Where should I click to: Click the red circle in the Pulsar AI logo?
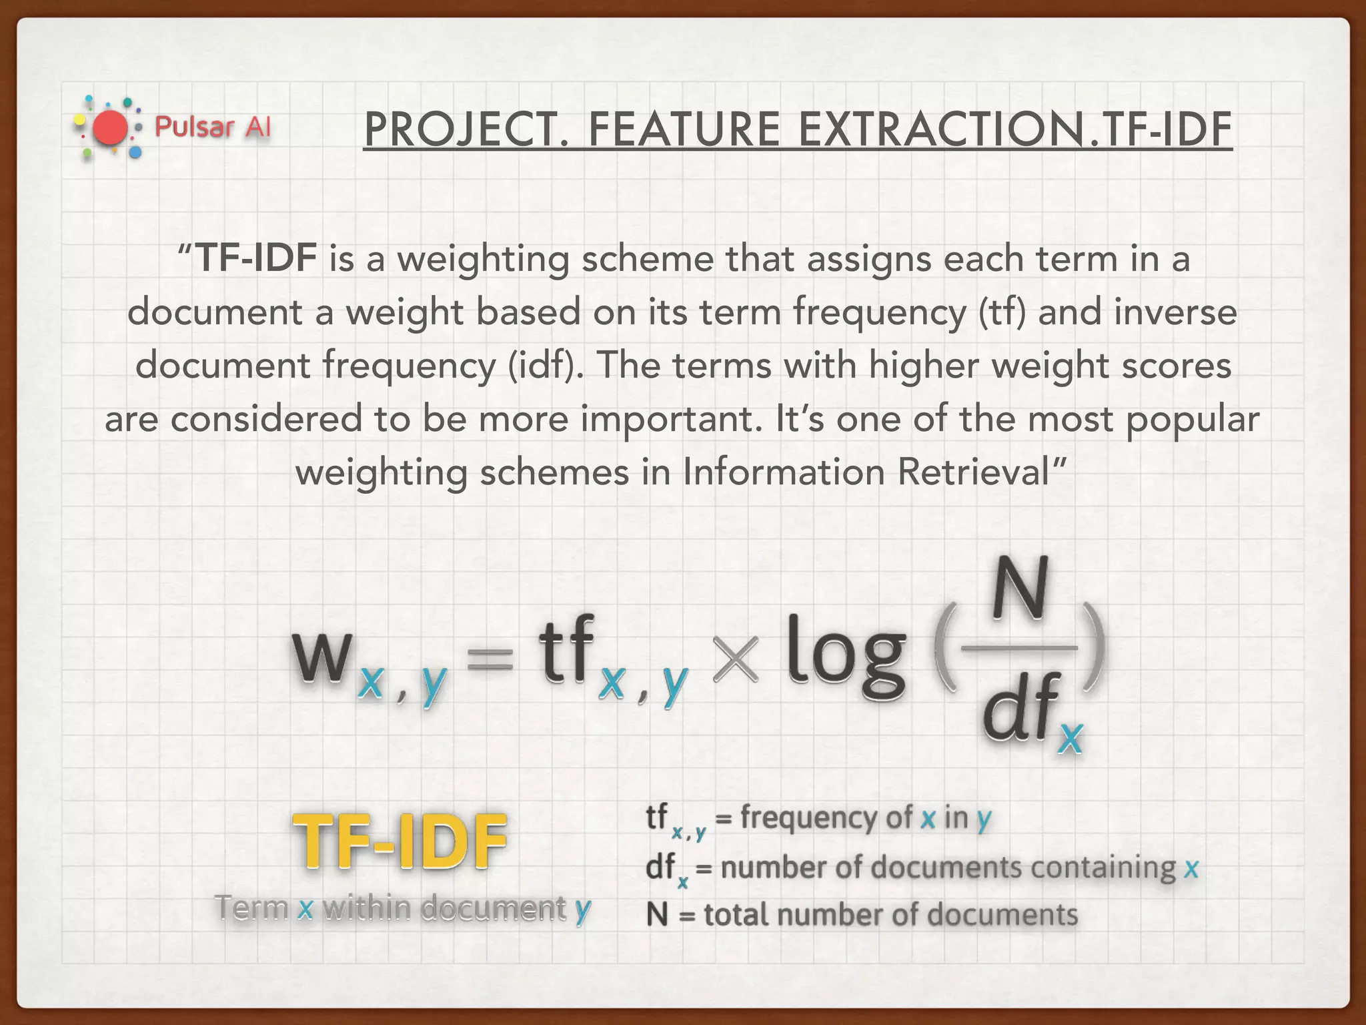click(x=110, y=128)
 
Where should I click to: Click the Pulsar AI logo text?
click(x=213, y=126)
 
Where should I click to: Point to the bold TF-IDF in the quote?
click(x=257, y=258)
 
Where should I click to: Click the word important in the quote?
click(x=671, y=419)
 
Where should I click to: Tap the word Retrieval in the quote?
click(x=974, y=472)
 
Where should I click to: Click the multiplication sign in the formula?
click(x=736, y=659)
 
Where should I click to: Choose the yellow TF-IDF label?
click(x=400, y=842)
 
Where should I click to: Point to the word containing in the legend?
click(x=1103, y=868)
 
